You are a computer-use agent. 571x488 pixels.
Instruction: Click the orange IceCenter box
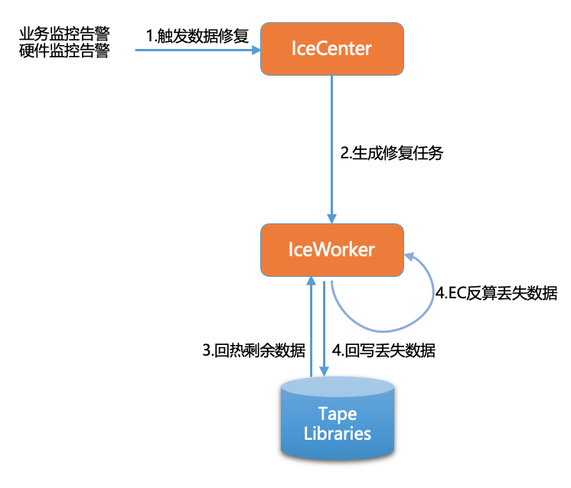[331, 49]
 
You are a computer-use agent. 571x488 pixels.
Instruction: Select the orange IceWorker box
[331, 250]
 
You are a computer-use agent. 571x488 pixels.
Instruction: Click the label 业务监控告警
[64, 35]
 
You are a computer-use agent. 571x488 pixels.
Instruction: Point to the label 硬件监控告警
[64, 52]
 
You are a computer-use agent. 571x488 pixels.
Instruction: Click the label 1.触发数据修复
[198, 35]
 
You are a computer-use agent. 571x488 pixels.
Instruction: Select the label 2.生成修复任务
[391, 152]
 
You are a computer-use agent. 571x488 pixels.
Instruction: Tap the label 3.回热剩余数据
[253, 351]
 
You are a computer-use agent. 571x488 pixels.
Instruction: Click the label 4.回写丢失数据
[384, 351]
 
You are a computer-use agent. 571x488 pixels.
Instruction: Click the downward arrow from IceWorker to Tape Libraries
[325, 329]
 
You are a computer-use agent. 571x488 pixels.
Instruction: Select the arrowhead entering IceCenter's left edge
[254, 50]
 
